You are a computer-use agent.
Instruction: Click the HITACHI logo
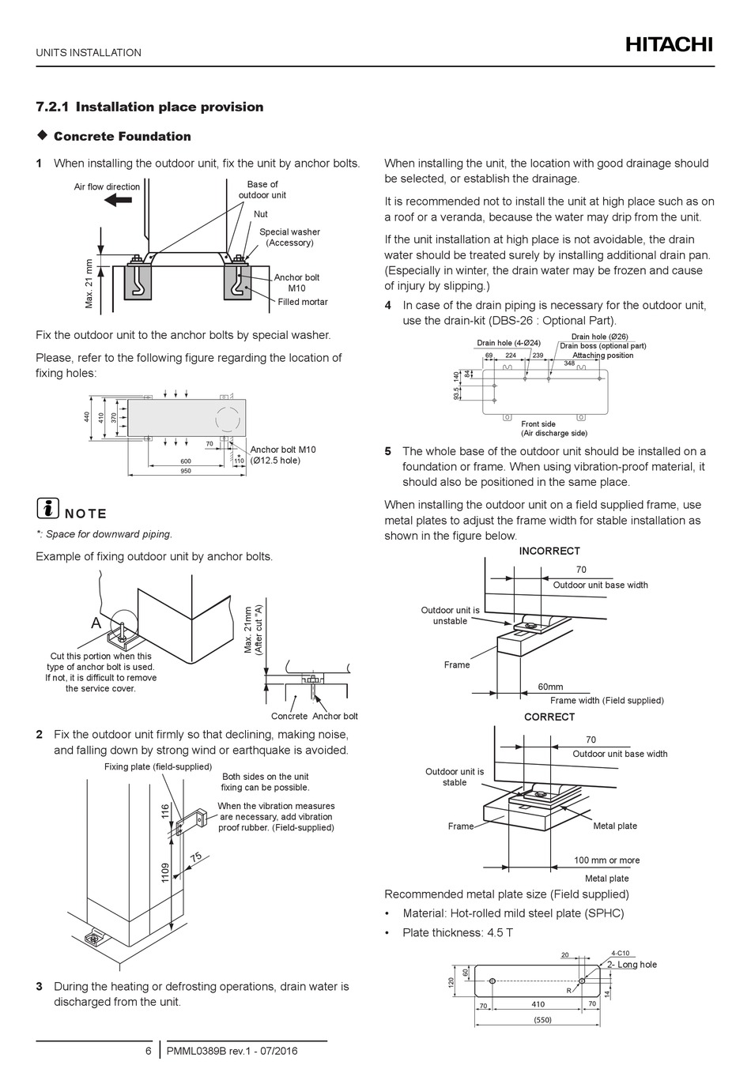[x=669, y=45]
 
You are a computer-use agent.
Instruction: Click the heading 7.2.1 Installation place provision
[x=150, y=107]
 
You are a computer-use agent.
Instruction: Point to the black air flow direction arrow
[x=118, y=201]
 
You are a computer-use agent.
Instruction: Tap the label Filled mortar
[x=303, y=302]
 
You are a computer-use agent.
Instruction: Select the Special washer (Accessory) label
[x=289, y=237]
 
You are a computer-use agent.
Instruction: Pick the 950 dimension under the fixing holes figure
[x=186, y=471]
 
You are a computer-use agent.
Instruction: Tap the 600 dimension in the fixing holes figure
[x=186, y=461]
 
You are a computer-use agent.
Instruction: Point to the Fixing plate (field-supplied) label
[x=158, y=766]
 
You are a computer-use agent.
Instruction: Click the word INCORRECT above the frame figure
[x=549, y=551]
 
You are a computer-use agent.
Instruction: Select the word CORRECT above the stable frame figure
[x=549, y=717]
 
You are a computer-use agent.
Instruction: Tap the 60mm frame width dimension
[x=550, y=687]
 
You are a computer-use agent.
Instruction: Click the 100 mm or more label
[x=607, y=860]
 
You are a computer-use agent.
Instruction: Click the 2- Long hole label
[x=632, y=965]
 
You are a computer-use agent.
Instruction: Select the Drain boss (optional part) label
[x=603, y=346]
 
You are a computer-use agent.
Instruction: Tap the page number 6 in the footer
[x=148, y=1051]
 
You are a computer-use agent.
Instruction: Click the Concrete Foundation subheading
[x=123, y=137]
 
